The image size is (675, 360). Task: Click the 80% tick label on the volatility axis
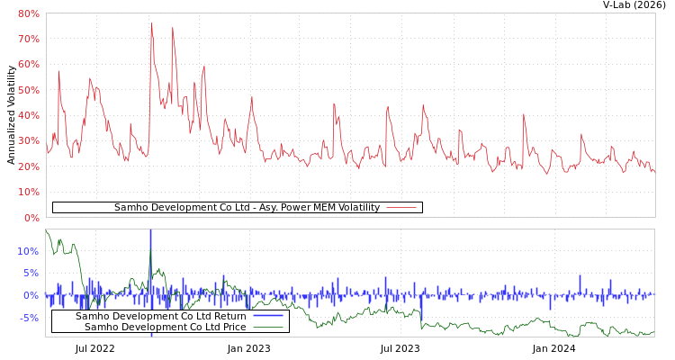pyautogui.click(x=28, y=14)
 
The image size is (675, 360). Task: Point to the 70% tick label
pyautogui.click(x=28, y=40)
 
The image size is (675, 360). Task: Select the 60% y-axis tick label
pyautogui.click(x=28, y=65)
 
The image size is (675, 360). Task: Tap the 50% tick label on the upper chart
pyautogui.click(x=28, y=90)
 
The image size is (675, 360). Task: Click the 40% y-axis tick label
pyautogui.click(x=28, y=115)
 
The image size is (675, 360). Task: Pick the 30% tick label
pyautogui.click(x=28, y=141)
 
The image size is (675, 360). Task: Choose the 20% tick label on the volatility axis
pyautogui.click(x=28, y=166)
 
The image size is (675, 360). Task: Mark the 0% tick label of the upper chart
pyautogui.click(x=31, y=218)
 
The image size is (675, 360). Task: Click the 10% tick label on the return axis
pyautogui.click(x=28, y=251)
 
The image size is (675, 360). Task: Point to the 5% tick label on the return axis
pyautogui.click(x=31, y=274)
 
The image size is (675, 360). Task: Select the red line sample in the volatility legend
pyautogui.click(x=401, y=208)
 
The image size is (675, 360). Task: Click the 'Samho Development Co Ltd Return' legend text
pyautogui.click(x=160, y=316)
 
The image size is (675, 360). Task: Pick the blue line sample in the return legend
pyautogui.click(x=268, y=316)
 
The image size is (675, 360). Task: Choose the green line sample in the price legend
pyautogui.click(x=268, y=327)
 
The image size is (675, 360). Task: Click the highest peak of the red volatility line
pyautogui.click(x=151, y=24)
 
